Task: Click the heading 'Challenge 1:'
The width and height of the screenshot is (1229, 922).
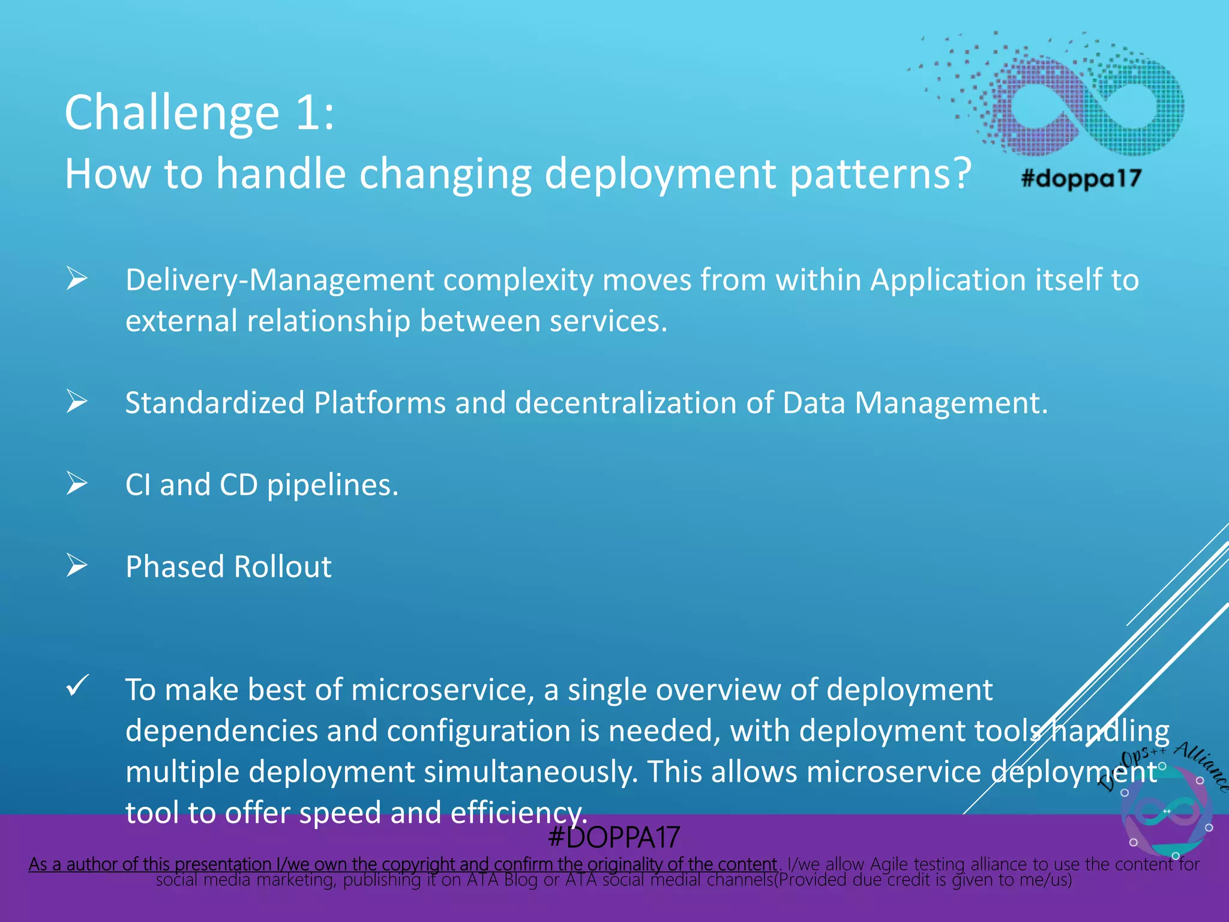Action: coord(199,113)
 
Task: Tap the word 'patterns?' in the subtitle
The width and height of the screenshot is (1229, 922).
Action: coord(880,174)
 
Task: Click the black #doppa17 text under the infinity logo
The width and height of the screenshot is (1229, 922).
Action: coord(1081,178)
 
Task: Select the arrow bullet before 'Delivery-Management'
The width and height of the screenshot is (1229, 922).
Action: coord(77,279)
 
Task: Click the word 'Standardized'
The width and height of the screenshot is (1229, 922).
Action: coord(214,403)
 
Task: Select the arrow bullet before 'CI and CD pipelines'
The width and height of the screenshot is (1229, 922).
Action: coord(77,483)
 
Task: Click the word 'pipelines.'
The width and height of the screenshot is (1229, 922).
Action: coord(332,485)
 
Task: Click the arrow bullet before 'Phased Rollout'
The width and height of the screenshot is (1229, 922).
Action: coord(77,565)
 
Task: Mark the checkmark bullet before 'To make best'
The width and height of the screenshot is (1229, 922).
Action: coord(77,685)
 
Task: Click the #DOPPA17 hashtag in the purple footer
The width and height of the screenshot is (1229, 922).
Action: coord(614,837)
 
